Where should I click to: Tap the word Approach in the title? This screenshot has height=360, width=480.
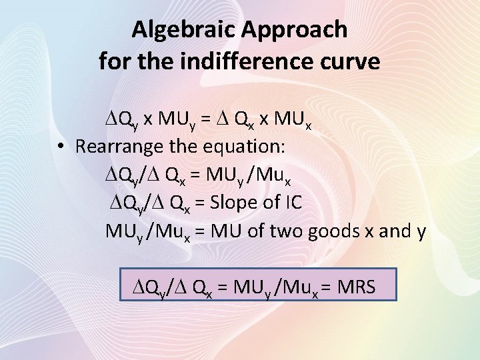(x=297, y=30)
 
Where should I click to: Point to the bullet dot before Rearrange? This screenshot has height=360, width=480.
(x=61, y=146)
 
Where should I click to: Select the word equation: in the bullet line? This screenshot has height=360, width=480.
(x=239, y=146)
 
